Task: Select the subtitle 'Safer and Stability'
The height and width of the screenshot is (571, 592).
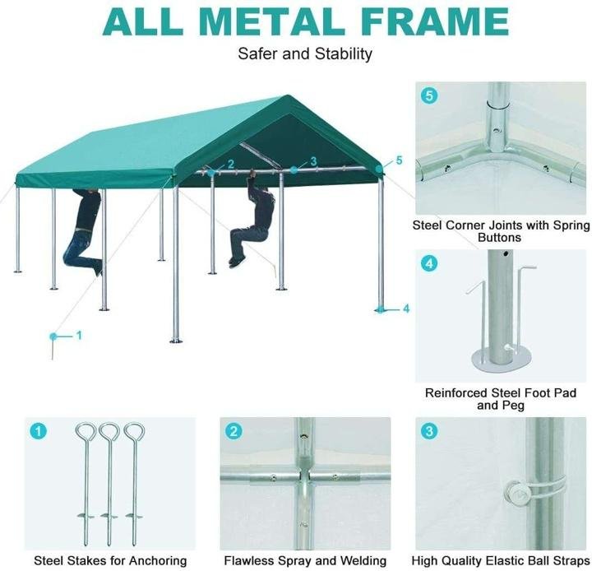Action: pyautogui.click(x=305, y=54)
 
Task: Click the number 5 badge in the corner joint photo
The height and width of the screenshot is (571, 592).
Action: pyautogui.click(x=429, y=95)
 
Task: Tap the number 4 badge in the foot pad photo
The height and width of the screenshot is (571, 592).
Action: pyautogui.click(x=429, y=264)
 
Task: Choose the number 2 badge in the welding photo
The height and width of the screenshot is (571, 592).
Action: pyautogui.click(x=234, y=431)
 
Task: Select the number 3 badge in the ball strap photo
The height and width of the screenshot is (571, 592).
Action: pyautogui.click(x=429, y=431)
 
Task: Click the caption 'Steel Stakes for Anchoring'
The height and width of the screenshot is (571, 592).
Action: pyautogui.click(x=110, y=560)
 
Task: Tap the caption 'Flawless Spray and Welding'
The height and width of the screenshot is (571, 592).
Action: pyautogui.click(x=305, y=560)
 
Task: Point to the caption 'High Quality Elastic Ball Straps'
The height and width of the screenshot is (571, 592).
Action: pyautogui.click(x=500, y=560)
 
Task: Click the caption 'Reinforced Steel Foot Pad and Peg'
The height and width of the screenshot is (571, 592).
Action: pyautogui.click(x=500, y=399)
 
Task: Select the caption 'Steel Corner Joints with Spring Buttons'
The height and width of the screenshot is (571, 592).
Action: pyautogui.click(x=500, y=231)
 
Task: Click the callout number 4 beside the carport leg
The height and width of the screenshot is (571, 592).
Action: pyautogui.click(x=405, y=309)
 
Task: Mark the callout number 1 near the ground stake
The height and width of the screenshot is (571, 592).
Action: pyautogui.click(x=79, y=335)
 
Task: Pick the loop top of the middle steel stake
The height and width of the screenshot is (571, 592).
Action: pyautogui.click(x=109, y=431)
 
